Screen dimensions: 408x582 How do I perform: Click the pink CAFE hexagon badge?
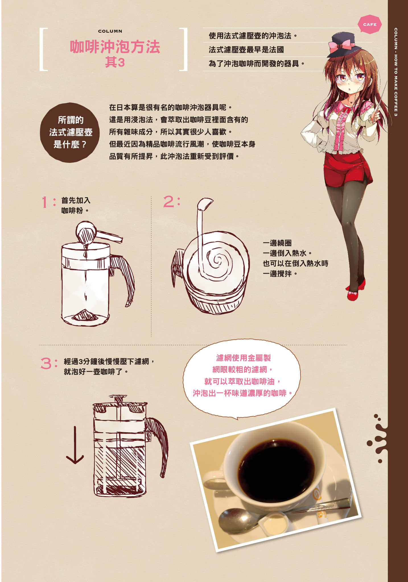370,24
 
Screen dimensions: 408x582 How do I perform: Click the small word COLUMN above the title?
110,31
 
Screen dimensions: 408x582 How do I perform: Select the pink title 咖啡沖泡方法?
115,47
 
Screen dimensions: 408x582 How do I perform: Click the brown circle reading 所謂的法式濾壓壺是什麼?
70,132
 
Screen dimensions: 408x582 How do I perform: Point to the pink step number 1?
45,202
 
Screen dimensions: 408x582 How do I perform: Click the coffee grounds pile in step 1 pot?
85,315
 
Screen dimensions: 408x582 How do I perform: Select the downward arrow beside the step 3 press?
75,445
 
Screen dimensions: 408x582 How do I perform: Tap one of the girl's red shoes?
354,296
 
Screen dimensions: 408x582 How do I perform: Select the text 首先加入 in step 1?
76,200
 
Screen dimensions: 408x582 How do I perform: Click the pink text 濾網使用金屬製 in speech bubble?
244,358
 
